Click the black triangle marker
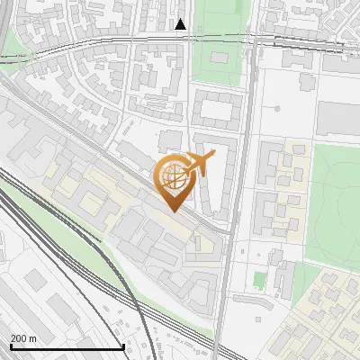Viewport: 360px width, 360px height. pos(181,24)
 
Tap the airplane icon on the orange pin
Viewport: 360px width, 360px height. pos(199,163)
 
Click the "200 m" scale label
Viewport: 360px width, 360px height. pos(24,338)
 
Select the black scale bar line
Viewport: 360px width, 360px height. pos(67,347)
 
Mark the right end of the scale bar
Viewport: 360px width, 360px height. pos(123,347)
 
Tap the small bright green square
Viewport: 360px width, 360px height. pos(260,281)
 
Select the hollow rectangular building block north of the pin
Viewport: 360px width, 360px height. pos(216,110)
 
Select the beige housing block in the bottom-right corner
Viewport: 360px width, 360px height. pos(324,315)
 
